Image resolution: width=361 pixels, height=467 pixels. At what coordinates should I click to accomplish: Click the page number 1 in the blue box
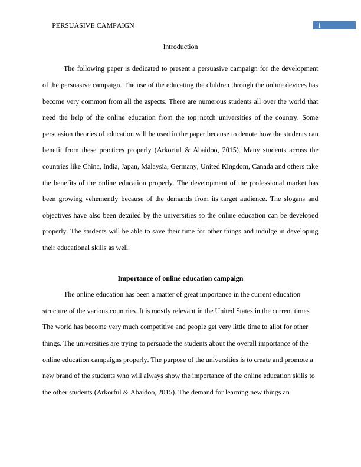coord(319,25)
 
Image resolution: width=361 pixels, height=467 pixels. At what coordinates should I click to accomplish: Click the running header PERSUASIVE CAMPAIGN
coord(93,25)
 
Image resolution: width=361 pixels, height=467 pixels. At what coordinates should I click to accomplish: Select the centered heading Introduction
coord(180,47)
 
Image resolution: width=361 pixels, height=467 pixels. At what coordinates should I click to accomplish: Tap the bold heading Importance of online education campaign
coord(180,278)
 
